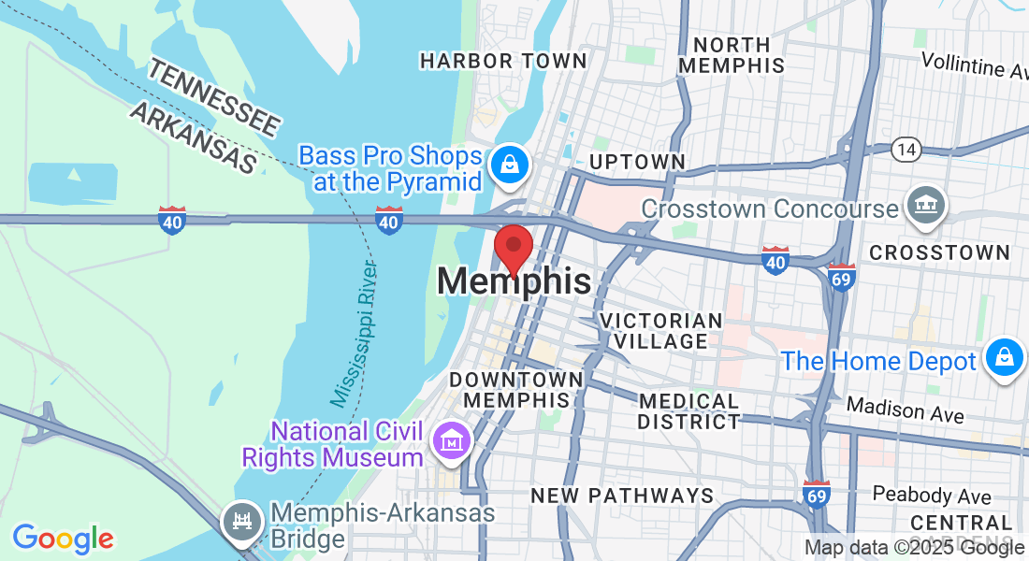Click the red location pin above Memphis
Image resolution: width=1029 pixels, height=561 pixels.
tap(513, 249)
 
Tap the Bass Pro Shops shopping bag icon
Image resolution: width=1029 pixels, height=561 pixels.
tap(511, 165)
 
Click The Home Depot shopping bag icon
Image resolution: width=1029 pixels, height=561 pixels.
tap(1004, 358)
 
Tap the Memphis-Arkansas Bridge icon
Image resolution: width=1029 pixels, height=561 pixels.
tap(242, 519)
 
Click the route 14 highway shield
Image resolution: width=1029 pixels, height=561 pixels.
tap(906, 149)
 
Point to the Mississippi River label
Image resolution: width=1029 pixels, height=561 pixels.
tap(355, 334)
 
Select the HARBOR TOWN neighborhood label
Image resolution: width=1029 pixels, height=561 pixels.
tap(503, 62)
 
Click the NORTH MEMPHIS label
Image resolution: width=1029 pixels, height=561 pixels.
tap(732, 55)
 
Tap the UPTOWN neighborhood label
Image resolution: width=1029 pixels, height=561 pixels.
tap(637, 162)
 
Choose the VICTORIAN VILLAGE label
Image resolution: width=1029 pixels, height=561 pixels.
tap(660, 331)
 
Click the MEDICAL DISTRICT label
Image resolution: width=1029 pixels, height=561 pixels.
tap(688, 411)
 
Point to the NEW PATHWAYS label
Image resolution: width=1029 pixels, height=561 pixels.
tap(622, 496)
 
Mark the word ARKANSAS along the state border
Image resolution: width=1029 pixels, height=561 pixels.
tap(193, 137)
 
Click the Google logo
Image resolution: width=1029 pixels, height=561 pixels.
tap(63, 539)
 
